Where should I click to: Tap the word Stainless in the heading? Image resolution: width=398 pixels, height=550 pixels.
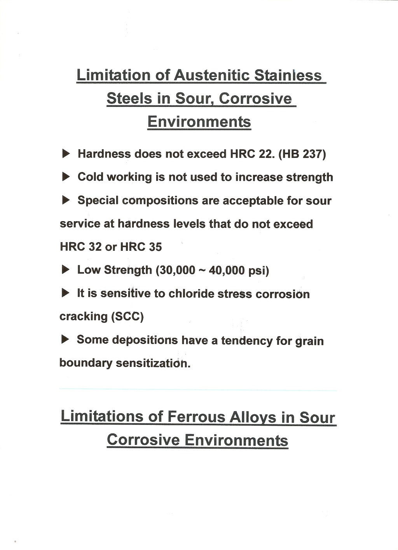[288, 75]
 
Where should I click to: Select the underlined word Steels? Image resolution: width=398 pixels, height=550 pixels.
[129, 98]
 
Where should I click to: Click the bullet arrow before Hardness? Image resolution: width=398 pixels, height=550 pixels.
[66, 154]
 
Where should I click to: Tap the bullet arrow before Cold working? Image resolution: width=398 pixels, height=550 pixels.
[66, 177]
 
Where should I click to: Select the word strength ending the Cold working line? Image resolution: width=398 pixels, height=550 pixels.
[310, 177]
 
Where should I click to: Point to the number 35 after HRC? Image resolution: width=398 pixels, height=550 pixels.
[155, 247]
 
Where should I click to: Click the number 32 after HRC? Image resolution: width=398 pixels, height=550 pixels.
[95, 247]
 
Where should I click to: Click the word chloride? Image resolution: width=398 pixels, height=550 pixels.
[191, 293]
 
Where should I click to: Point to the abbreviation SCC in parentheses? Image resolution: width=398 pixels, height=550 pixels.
[127, 316]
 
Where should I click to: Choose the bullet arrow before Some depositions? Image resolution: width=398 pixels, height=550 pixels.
[65, 340]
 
